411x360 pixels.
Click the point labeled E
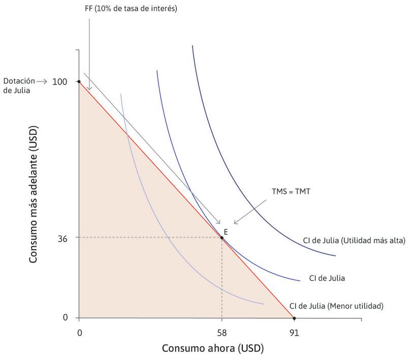coord(222,237)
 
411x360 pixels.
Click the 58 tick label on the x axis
coord(222,333)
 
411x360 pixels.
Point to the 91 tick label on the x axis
coord(294,333)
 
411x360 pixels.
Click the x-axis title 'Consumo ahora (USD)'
coord(213,349)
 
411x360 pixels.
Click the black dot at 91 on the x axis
coord(294,318)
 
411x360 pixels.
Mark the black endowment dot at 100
coord(79,81)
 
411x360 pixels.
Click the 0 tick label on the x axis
coord(79,333)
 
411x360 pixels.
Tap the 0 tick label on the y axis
coord(65,318)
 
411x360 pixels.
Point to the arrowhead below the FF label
coord(90,89)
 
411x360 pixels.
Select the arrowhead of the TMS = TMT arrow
coord(235,223)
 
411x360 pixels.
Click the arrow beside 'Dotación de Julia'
coord(44,81)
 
